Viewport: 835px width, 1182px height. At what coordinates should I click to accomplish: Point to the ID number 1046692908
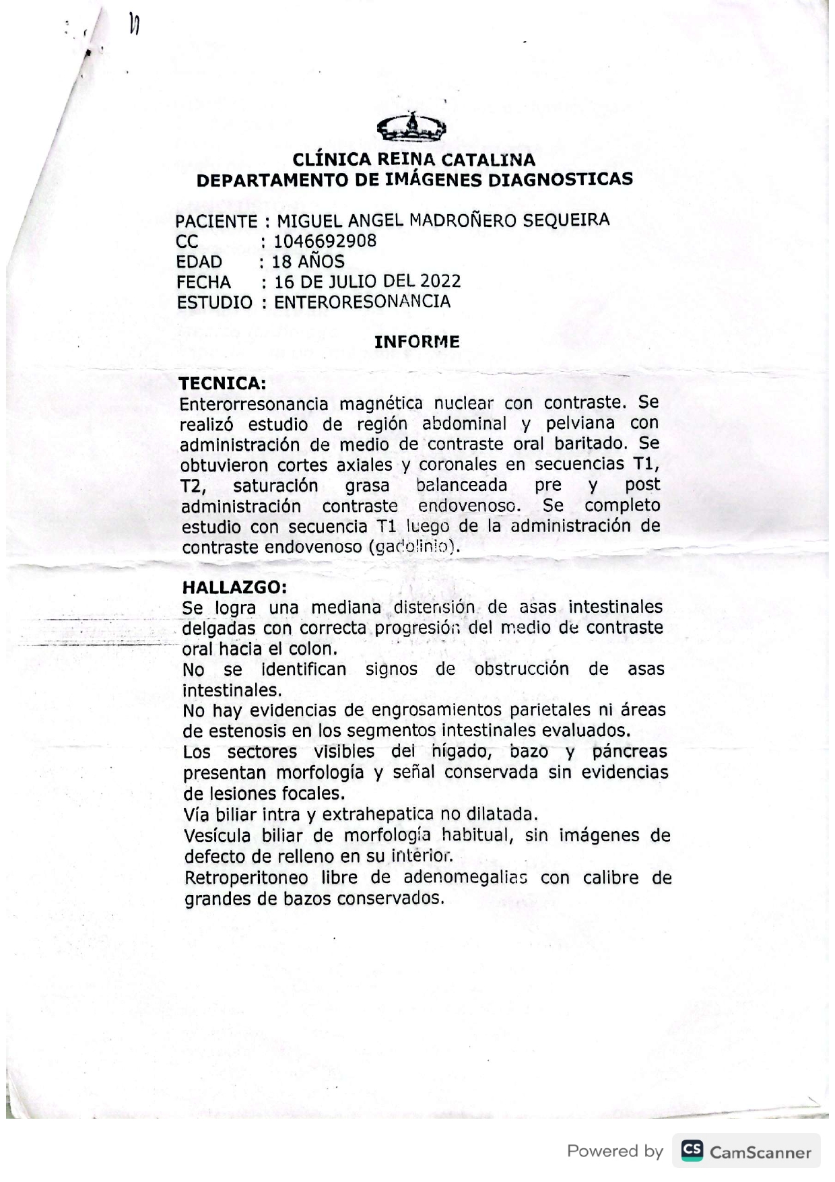coord(325,241)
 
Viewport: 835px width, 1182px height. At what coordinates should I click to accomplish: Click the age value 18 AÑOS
coord(308,261)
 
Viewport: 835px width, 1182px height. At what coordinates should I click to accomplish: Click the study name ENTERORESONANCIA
coord(362,302)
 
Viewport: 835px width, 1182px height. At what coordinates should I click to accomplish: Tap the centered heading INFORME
coord(417,341)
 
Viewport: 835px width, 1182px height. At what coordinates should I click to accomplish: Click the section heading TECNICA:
coord(222,384)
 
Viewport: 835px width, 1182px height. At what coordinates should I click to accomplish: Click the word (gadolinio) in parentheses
coord(414,547)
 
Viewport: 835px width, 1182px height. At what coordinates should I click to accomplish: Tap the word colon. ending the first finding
coord(312,649)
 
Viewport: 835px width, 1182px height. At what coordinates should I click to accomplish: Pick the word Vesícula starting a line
coord(217,836)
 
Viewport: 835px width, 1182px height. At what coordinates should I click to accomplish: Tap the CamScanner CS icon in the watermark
coord(692,1150)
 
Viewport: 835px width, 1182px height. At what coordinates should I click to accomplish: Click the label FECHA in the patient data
coord(204,282)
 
